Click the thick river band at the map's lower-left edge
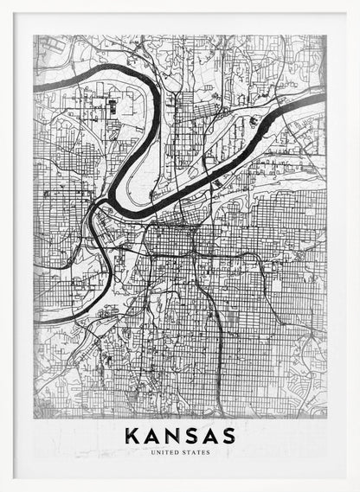click(39, 321)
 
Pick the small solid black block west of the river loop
click(112, 108)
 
